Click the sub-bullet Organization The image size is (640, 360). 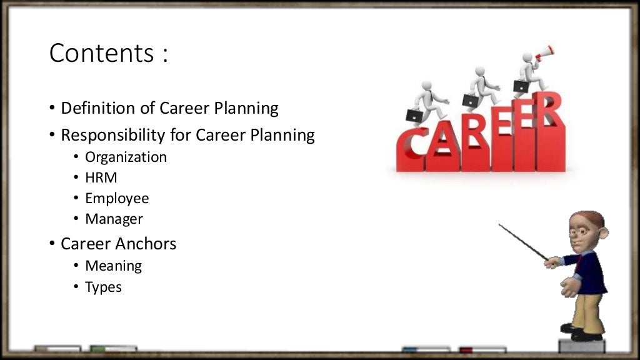click(x=126, y=157)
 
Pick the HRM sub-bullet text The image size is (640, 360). click(x=101, y=177)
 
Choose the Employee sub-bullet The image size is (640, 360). click(x=117, y=199)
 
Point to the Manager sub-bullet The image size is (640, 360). click(x=114, y=219)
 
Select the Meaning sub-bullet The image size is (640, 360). click(x=113, y=266)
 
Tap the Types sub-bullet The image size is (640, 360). click(x=103, y=287)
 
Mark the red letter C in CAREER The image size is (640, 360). click(x=410, y=150)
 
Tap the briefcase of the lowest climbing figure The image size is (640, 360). click(x=414, y=115)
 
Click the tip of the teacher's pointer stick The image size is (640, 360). click(x=500, y=225)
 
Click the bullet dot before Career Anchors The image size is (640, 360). click(x=52, y=244)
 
